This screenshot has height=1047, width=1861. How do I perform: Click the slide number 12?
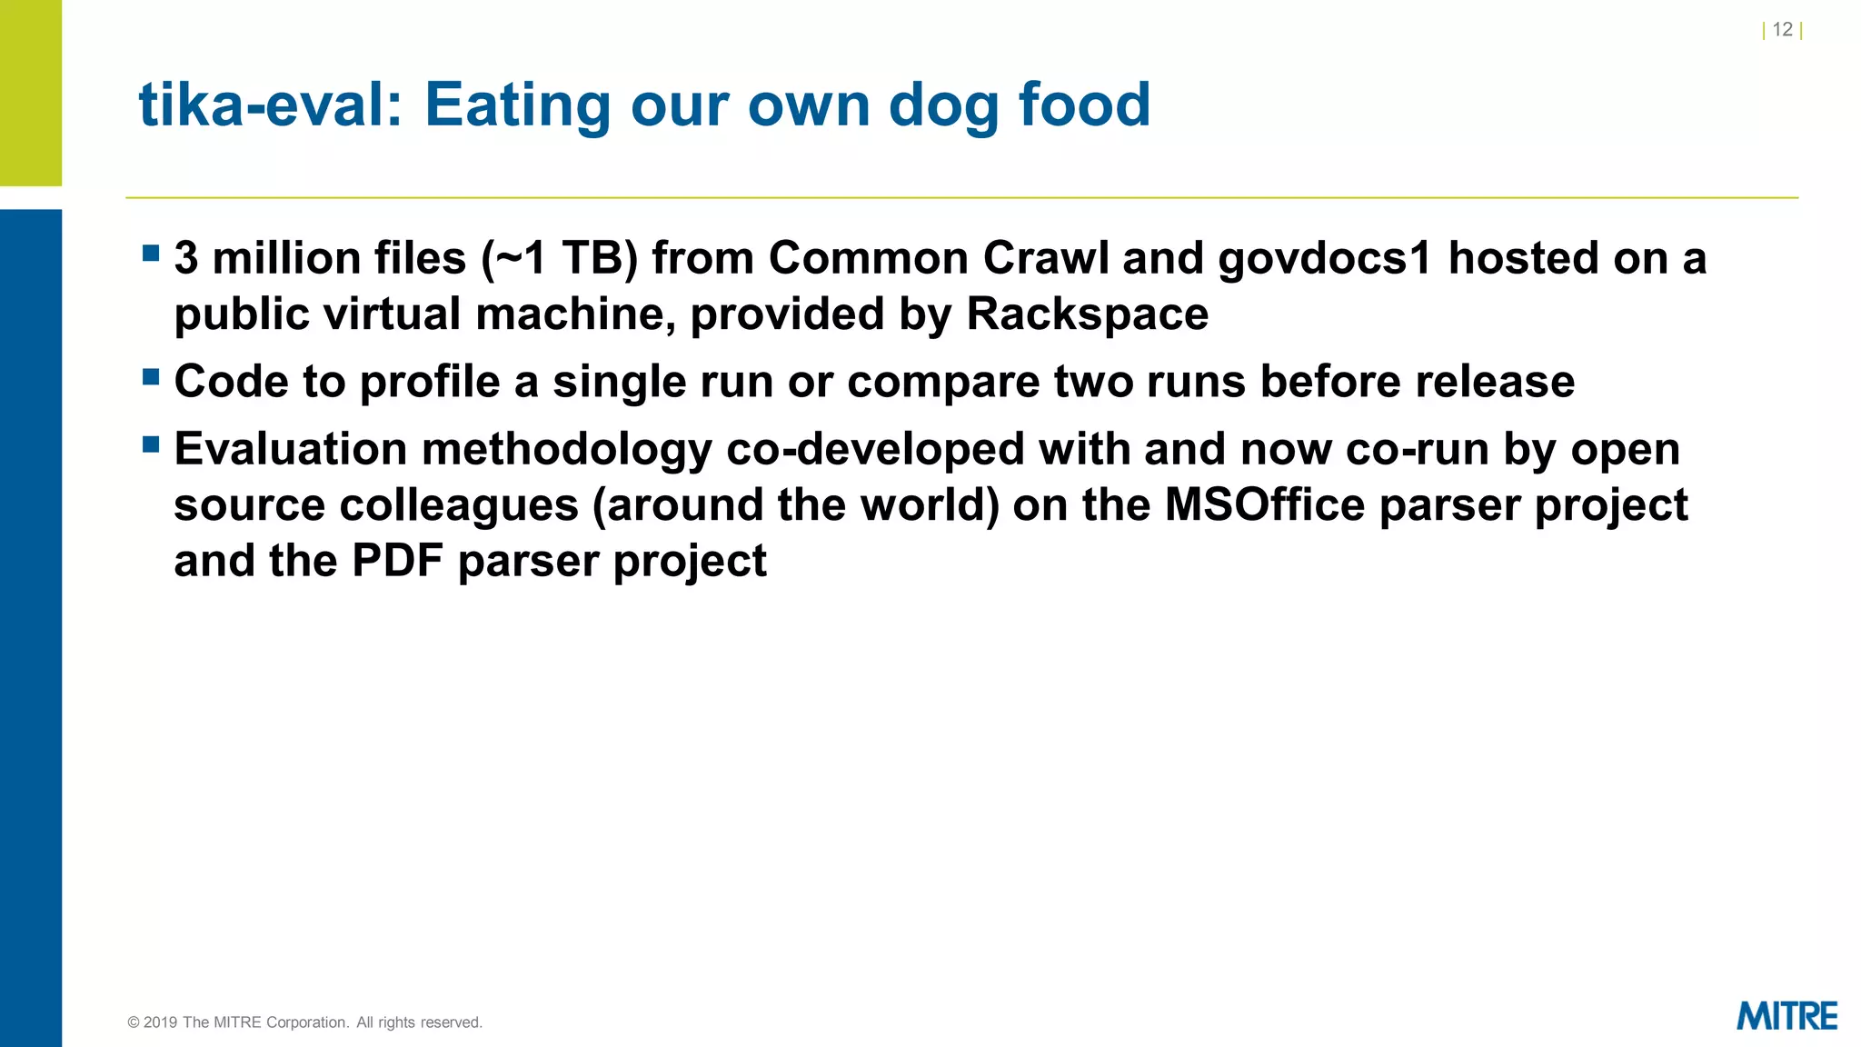(1782, 30)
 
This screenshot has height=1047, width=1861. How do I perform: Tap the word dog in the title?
(945, 106)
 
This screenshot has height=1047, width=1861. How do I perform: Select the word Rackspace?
(1087, 314)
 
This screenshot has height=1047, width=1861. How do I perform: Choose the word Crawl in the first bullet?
(1046, 258)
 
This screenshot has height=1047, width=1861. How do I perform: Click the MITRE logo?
(1786, 1016)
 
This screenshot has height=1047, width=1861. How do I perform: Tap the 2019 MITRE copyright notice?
(305, 1022)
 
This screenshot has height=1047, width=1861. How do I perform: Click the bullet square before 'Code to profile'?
(151, 376)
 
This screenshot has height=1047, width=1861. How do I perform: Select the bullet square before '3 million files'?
(151, 253)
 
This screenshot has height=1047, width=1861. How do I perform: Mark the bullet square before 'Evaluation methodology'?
(151, 444)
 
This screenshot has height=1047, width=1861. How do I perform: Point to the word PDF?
(397, 561)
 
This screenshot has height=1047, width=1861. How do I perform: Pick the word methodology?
(567, 451)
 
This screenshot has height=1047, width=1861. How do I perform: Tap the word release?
(1494, 382)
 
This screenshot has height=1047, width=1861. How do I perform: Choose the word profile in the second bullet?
(430, 382)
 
